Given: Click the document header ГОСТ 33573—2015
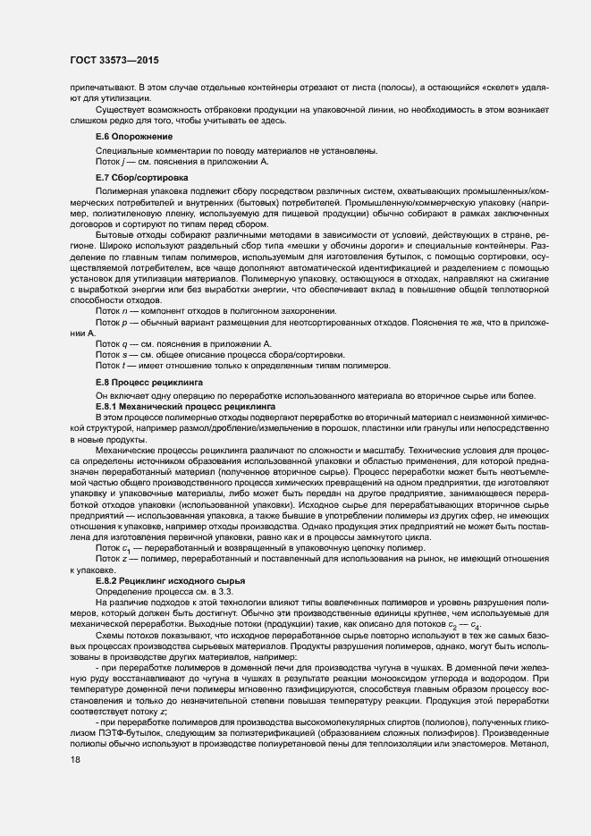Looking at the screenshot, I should point(110,62).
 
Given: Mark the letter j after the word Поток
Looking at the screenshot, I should point(126,163).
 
